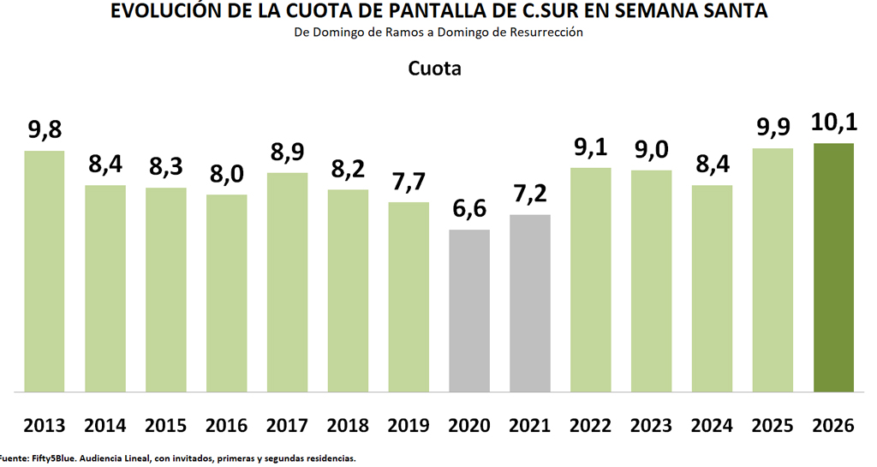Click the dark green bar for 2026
pos(833,267)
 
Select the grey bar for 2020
pos(469,310)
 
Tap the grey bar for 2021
pos(530,302)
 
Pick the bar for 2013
pos(45,271)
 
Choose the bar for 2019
pos(409,296)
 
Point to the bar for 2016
pos(227,293)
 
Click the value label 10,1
pos(833,124)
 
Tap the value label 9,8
pos(45,131)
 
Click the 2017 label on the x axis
pos(288,425)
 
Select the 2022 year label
pos(591,425)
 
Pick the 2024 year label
pos(713,425)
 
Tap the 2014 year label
pos(105,425)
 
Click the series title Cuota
pos(434,69)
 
